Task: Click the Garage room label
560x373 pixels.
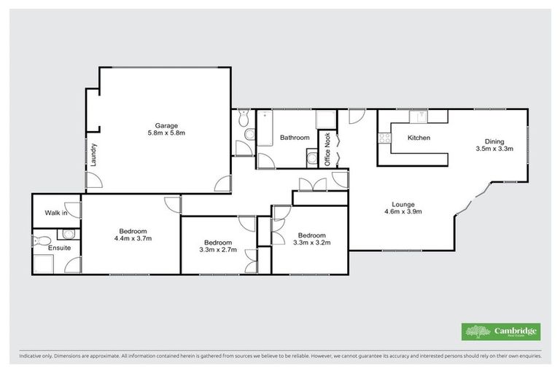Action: (165, 125)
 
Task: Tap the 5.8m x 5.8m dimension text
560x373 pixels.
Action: (165, 133)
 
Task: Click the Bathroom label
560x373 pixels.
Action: (295, 137)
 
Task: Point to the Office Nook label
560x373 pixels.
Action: (328, 149)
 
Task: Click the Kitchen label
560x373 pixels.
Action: (419, 138)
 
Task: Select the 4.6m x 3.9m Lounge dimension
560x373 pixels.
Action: (404, 212)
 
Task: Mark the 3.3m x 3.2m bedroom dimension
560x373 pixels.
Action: (311, 244)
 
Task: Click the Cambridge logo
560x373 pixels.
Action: (501, 331)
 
